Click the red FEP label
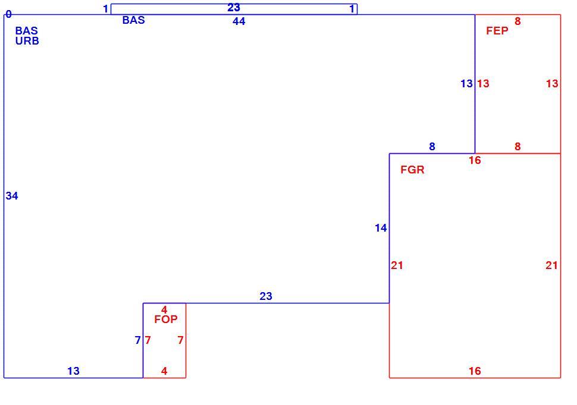(x=497, y=30)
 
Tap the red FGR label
(x=412, y=169)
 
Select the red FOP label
(x=165, y=319)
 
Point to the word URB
(x=27, y=41)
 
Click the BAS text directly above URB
(x=27, y=30)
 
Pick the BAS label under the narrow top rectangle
(x=134, y=20)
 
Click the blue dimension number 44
(x=239, y=21)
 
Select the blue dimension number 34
(x=12, y=196)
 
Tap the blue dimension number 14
(x=381, y=228)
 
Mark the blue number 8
(x=432, y=146)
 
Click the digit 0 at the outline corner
(x=8, y=14)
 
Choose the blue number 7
(x=137, y=340)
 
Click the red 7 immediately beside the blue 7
(x=148, y=340)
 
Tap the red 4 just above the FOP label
(x=164, y=310)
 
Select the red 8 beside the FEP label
(x=518, y=21)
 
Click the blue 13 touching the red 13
(x=466, y=83)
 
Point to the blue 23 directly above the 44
(x=234, y=7)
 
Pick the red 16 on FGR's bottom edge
(x=475, y=371)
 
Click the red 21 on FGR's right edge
(x=551, y=265)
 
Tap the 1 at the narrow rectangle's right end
(x=352, y=8)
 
